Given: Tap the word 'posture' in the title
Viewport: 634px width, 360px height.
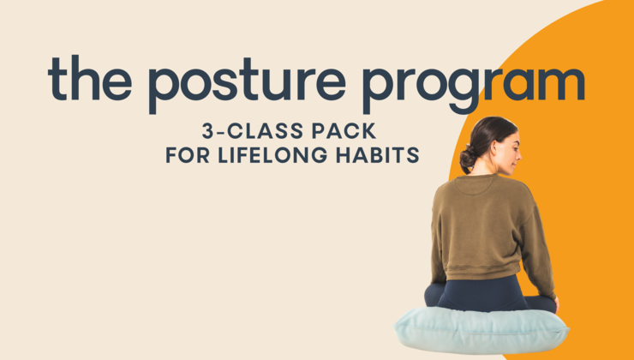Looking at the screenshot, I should pyautogui.click(x=243, y=80).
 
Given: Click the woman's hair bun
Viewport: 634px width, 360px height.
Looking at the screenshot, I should pyautogui.click(x=468, y=159).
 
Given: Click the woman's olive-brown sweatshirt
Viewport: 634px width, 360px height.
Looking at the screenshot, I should pyautogui.click(x=484, y=223).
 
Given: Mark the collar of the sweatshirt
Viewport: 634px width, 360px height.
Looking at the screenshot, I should pyautogui.click(x=481, y=178).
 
